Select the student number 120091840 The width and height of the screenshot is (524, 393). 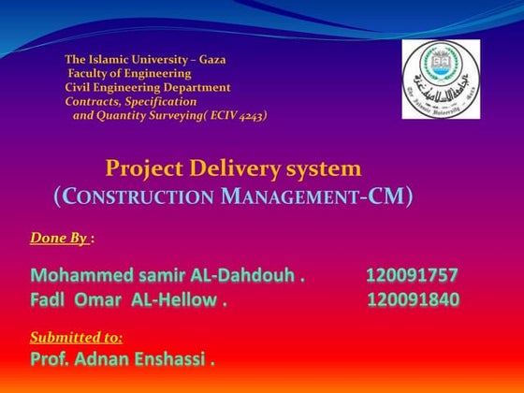[413, 300]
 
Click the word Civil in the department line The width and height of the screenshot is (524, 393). [79, 87]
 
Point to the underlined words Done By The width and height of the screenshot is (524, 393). [59, 239]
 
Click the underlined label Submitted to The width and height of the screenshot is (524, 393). [77, 336]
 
